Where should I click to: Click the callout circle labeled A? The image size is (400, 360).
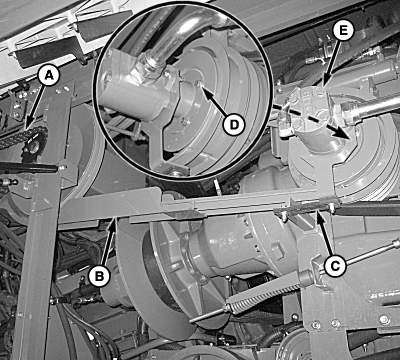[x=49, y=76]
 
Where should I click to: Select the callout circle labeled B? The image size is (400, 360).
[x=100, y=275]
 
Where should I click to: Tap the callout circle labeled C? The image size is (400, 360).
[x=334, y=266]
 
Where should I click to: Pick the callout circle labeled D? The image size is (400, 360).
[x=233, y=125]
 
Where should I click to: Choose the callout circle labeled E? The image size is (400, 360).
[x=344, y=30]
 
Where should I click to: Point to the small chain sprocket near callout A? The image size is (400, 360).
[x=34, y=147]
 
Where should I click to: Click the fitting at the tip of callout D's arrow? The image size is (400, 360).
[x=198, y=85]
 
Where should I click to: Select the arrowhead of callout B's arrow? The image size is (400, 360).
[x=114, y=223]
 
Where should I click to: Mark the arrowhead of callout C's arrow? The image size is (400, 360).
[x=320, y=217]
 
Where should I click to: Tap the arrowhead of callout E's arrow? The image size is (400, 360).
[x=324, y=82]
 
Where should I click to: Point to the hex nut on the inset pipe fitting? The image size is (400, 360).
[x=149, y=66]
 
